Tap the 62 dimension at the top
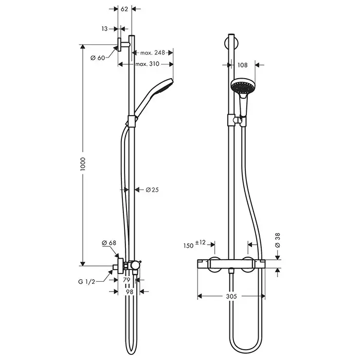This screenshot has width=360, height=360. coord(124,9)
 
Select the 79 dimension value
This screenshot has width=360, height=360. coord(127,280)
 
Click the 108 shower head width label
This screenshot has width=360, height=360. coord(244,65)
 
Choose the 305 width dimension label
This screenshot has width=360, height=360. coord(231,297)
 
